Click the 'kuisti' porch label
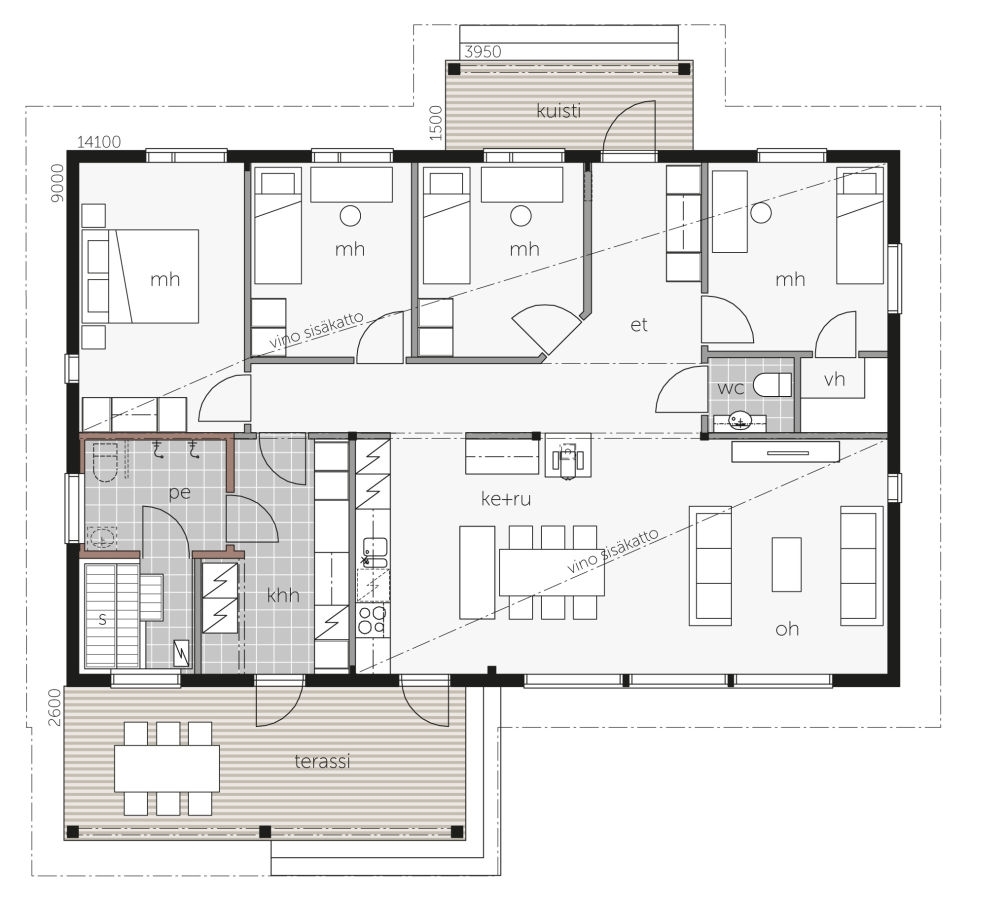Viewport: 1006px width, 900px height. [x=559, y=111]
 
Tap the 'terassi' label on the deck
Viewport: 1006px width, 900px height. [x=322, y=761]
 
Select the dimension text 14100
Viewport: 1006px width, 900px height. [x=99, y=142]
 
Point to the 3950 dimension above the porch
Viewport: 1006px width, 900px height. [x=482, y=51]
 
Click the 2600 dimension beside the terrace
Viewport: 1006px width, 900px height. [x=55, y=707]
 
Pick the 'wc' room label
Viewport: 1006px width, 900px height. [x=731, y=388]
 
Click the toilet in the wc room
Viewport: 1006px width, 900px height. [x=772, y=385]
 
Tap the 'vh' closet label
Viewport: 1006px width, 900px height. [x=834, y=379]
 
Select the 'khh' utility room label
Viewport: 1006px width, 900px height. [x=283, y=595]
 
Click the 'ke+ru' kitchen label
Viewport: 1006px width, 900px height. [x=506, y=499]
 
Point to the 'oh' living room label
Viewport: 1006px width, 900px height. [x=787, y=629]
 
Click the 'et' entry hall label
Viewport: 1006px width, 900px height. [x=639, y=325]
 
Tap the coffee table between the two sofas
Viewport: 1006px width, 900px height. [x=787, y=565]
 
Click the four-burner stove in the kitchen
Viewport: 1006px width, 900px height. [x=372, y=620]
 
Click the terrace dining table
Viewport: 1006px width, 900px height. [x=167, y=768]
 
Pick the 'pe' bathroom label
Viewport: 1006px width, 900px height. [x=180, y=493]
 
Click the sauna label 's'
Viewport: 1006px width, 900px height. [x=102, y=620]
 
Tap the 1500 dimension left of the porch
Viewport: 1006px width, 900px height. [x=436, y=123]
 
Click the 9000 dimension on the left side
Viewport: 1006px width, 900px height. [x=58, y=183]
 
